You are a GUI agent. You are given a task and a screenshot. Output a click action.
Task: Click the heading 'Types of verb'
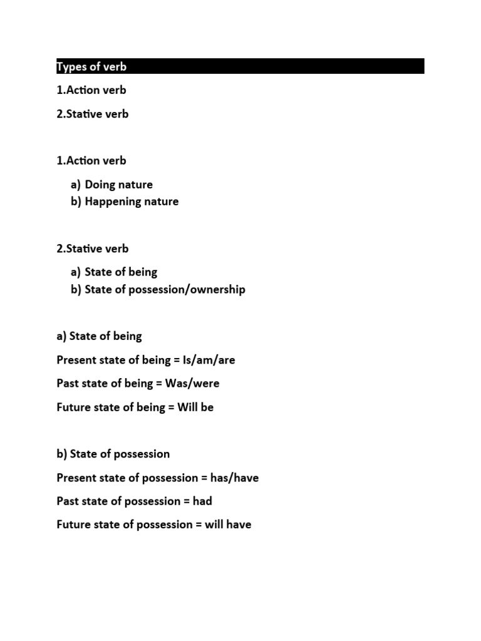tap(91, 66)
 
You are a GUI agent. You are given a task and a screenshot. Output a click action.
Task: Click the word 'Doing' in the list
tap(100, 185)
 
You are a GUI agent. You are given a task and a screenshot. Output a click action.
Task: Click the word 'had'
tap(202, 501)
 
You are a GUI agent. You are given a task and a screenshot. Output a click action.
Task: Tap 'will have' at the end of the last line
tap(228, 525)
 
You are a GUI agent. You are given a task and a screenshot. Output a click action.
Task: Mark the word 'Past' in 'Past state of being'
tap(67, 383)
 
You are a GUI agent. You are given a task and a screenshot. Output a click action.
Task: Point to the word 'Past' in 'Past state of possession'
tap(67, 501)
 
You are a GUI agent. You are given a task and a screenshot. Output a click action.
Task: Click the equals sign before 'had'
tap(187, 501)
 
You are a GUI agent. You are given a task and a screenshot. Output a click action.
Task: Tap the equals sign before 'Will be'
tap(171, 407)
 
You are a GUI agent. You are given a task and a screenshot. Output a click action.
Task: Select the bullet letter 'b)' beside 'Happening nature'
tap(76, 202)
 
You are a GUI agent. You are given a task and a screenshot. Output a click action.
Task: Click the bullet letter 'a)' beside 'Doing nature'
tap(76, 185)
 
